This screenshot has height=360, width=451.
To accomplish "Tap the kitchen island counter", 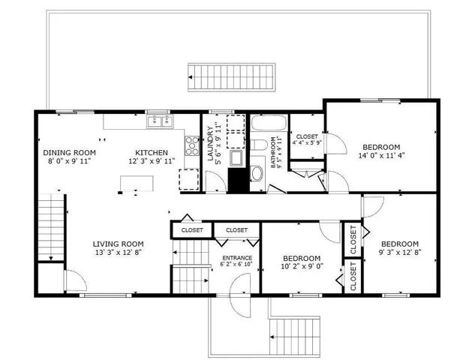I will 137,182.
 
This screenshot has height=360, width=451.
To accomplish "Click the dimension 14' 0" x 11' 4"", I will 381,157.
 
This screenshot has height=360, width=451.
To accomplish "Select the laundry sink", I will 234,158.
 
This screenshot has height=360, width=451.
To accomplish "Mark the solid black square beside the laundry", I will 238,180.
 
